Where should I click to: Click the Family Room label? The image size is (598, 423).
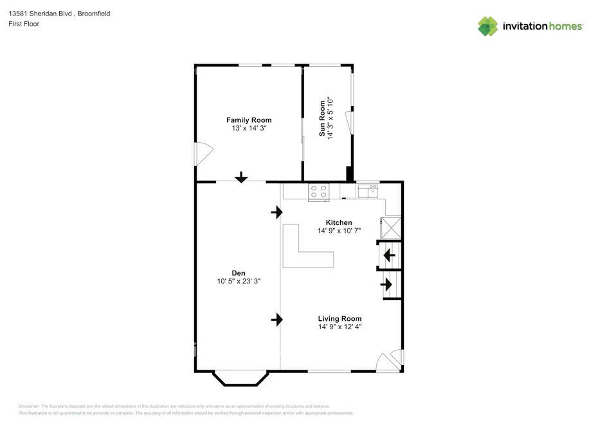(249, 120)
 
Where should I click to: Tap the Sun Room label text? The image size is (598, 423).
(322, 118)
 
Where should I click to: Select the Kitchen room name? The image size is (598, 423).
(339, 222)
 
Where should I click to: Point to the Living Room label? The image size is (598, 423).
(340, 318)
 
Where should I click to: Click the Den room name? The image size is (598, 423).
(239, 273)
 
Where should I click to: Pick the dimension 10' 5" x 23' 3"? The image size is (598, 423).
(239, 281)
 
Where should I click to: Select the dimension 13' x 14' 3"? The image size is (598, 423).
(249, 128)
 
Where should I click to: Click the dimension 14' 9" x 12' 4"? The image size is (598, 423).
(340, 327)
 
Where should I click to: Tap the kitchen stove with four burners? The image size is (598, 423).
(319, 192)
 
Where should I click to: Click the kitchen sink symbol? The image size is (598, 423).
(368, 191)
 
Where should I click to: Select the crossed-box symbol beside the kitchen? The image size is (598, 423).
(390, 228)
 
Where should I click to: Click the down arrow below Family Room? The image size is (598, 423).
(241, 177)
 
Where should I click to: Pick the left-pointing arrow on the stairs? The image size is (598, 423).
(389, 255)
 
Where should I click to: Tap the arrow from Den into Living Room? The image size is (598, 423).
(277, 319)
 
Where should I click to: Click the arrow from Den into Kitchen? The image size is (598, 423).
(277, 212)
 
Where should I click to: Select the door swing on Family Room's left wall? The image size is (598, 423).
(204, 154)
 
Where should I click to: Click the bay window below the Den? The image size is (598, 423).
(240, 377)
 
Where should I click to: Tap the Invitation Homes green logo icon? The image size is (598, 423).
(488, 26)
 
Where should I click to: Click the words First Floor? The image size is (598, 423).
(24, 24)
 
